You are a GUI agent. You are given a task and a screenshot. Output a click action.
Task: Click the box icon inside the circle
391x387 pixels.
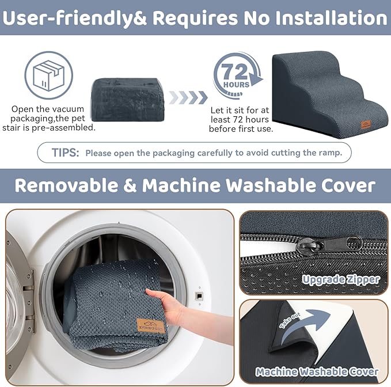[48, 75]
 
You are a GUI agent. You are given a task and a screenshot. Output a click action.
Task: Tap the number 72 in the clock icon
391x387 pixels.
[234, 72]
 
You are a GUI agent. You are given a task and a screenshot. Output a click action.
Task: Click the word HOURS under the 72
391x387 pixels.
[236, 85]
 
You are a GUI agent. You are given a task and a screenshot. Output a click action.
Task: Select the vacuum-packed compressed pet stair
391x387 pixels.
[127, 100]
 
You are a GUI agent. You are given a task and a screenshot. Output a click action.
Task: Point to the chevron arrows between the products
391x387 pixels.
[188, 97]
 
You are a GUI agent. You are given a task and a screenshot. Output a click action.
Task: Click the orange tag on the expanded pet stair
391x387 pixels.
[366, 124]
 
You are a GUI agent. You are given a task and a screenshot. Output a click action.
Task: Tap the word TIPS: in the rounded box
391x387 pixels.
[65, 153]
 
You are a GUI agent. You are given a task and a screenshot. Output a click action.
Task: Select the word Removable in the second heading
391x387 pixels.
[67, 185]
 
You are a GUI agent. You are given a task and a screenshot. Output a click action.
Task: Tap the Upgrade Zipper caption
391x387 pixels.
[341, 280]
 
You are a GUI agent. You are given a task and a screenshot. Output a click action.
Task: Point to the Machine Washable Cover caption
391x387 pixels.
[317, 372]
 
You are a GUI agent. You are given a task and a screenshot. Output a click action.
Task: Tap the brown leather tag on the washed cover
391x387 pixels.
[150, 326]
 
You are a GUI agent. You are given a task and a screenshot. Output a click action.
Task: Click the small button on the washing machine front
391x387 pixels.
[199, 296]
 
